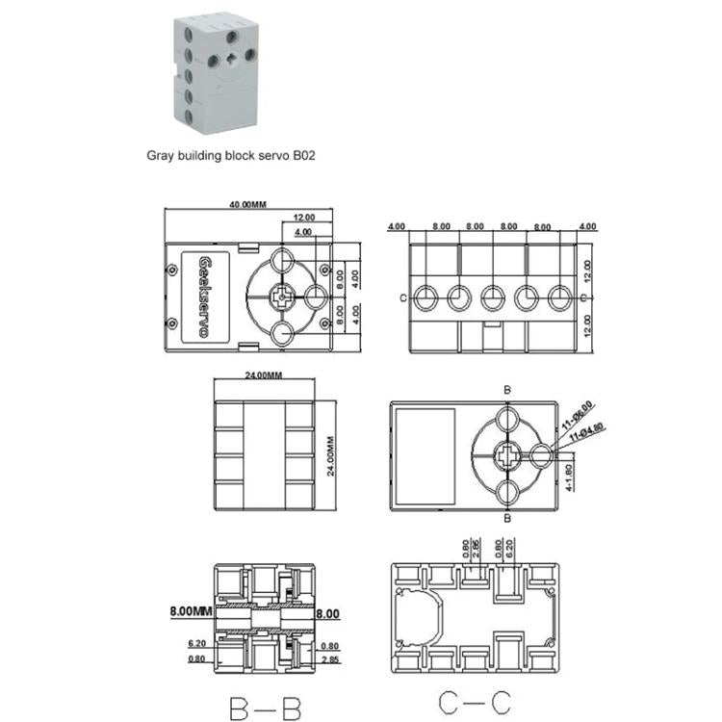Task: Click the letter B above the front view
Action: point(507,390)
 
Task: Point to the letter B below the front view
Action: point(507,519)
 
